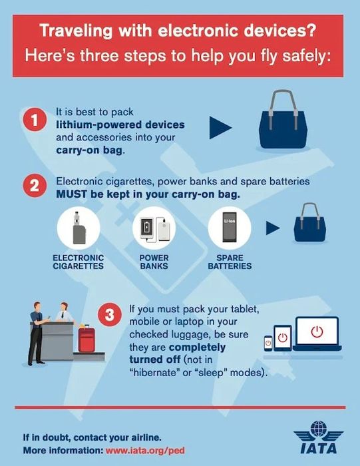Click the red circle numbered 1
coord(35,120)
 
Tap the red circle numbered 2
coord(35,186)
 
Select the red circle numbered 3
coord(110,314)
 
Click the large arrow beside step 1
coord(220,128)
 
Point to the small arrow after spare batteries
coord(273,228)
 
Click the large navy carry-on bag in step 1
coord(283,120)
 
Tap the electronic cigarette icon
coord(79,228)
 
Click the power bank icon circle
coord(154,228)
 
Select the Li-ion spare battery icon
coord(230,228)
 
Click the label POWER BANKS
coord(154,262)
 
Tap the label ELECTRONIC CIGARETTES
coord(79,262)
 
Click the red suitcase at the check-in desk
coord(87,339)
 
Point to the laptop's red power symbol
coord(317,332)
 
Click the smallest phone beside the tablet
coord(268,344)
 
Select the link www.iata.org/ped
coord(145,450)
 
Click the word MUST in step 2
coord(72,194)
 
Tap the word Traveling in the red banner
coord(76,31)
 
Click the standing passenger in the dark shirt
coord(38,334)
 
